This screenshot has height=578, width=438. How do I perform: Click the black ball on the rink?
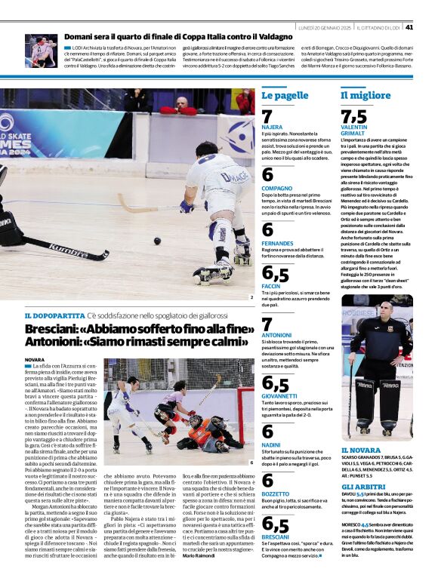[157, 241]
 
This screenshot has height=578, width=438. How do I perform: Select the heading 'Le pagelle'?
[285, 96]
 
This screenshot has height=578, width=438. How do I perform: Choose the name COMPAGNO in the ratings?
[277, 187]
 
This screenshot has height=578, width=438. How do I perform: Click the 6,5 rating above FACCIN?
[275, 274]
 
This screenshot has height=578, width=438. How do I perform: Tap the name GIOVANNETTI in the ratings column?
[280, 395]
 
